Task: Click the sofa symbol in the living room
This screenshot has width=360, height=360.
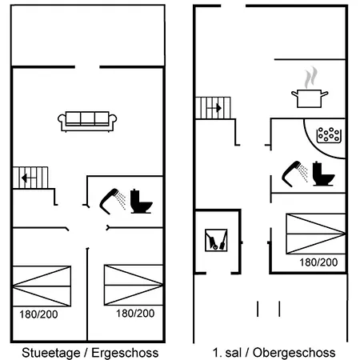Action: click(87, 122)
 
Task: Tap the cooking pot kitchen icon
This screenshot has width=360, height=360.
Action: click(310, 98)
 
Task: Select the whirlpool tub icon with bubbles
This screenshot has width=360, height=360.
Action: click(329, 135)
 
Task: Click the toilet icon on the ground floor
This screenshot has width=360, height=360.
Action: click(141, 202)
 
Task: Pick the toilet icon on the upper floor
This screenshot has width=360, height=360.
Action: click(323, 174)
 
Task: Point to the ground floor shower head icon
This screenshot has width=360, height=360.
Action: click(113, 202)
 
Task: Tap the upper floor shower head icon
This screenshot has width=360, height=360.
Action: click(294, 174)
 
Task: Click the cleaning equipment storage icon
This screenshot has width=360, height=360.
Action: click(216, 240)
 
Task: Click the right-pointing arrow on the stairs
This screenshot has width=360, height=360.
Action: click(214, 108)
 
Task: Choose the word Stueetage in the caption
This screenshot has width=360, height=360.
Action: click(51, 353)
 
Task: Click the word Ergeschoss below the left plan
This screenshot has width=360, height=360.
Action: click(125, 353)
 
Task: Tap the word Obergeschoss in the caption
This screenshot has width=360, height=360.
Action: click(294, 353)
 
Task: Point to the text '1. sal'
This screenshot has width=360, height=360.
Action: click(227, 353)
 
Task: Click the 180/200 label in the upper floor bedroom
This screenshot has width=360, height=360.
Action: click(318, 262)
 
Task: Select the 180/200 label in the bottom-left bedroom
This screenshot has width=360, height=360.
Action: click(38, 314)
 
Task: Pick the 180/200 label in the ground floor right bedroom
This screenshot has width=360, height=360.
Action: click(135, 314)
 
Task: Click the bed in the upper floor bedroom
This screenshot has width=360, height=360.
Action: click(316, 234)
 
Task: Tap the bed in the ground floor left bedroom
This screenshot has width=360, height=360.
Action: click(42, 286)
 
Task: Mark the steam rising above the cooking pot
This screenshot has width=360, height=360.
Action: click(310, 78)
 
